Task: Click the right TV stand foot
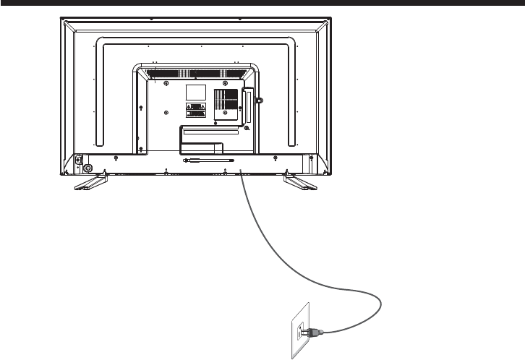tap(299, 181)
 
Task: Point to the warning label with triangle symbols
tap(195, 110)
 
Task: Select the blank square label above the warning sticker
tap(195, 92)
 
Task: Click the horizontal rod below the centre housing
tap(210, 160)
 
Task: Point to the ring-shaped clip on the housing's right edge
tap(260, 99)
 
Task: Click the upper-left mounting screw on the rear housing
tap(167, 83)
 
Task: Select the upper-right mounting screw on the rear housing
tap(227, 83)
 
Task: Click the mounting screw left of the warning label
tap(167, 112)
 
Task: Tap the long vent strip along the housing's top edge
tap(195, 73)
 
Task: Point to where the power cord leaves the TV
tap(240, 172)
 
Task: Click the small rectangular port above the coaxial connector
tap(77, 160)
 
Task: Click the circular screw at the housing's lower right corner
tap(247, 128)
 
